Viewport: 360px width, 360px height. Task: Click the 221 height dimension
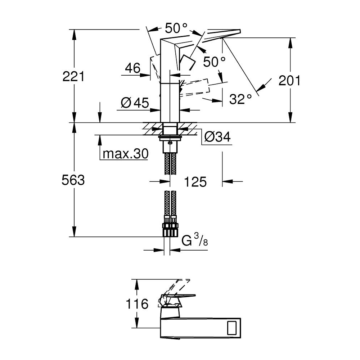tap(73, 76)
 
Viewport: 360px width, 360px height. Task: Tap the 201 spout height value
tap(289, 81)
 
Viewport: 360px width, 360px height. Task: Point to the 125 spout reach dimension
tap(195, 181)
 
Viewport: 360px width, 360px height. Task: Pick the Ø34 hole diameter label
tap(217, 137)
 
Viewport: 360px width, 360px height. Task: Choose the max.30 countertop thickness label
tap(125, 153)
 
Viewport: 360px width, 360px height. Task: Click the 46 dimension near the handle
tap(132, 68)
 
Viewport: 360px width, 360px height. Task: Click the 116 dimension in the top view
tap(137, 304)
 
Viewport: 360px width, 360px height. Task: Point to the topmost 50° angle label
tap(176, 28)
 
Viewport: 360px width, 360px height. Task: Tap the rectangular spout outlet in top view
tap(232, 328)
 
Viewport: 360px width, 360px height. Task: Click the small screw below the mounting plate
tap(170, 143)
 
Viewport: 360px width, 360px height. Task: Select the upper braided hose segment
tap(170, 164)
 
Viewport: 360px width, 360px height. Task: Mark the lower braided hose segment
tap(170, 203)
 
